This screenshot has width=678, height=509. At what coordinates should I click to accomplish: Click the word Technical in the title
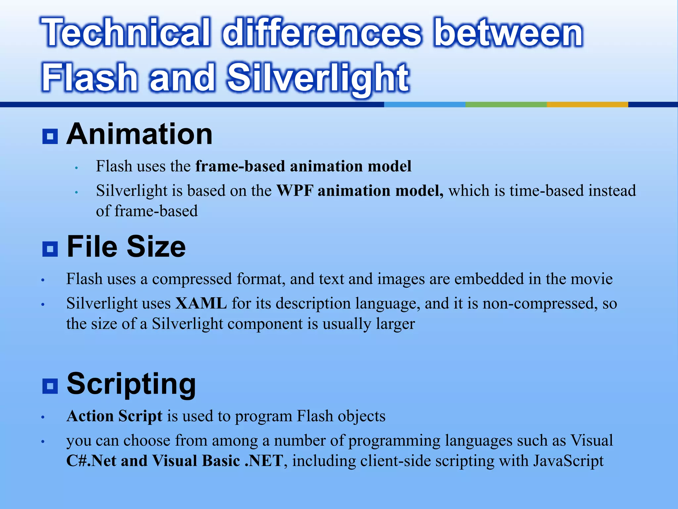126,32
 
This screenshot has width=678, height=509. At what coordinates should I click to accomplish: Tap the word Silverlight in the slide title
318,78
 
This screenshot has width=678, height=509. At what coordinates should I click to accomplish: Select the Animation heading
139,134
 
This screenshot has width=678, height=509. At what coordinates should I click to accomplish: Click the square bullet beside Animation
50,136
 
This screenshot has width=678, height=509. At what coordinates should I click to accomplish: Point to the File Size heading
126,247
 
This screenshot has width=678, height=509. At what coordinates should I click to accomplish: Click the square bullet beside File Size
50,249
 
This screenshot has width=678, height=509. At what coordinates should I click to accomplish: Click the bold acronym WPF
294,191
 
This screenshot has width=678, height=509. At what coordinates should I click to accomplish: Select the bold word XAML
201,303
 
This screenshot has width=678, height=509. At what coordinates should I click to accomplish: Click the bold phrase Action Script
114,416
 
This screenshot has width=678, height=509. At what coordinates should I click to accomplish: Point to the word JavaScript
568,461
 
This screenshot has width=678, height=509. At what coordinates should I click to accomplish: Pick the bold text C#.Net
91,461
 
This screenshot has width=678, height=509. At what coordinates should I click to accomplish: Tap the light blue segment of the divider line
424,104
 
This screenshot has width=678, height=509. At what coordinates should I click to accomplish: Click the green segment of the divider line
506,104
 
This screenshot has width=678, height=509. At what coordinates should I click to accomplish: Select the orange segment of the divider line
587,104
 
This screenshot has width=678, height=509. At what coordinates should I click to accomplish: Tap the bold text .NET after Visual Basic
264,461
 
